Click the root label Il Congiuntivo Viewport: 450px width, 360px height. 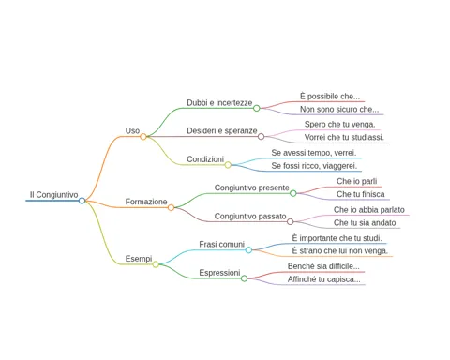tap(53, 195)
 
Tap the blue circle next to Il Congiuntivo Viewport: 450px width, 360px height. tap(82, 201)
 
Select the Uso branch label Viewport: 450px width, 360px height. tap(132, 130)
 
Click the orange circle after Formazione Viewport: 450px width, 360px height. tap(171, 207)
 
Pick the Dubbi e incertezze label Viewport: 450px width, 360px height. tap(219, 102)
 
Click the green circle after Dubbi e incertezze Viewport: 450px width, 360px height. tap(257, 108)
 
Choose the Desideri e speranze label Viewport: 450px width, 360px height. tap(222, 130)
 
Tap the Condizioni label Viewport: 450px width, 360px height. tap(205, 159)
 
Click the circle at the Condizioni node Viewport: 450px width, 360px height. tap(228, 165)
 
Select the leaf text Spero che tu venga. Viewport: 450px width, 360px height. tap(340, 124)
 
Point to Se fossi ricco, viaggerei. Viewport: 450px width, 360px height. tap(314, 166)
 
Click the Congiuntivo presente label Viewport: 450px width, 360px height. tap(251, 187)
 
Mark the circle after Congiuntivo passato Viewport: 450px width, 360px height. tap(291, 221)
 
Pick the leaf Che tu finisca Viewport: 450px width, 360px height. tap(361, 194)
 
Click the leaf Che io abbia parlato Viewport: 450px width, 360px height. tap(369, 210)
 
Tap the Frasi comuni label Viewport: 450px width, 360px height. tap(221, 244)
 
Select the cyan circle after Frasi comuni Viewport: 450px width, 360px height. tap(248, 250)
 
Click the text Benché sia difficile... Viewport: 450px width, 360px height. tap(323, 266)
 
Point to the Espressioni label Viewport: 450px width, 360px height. tap(219, 273)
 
